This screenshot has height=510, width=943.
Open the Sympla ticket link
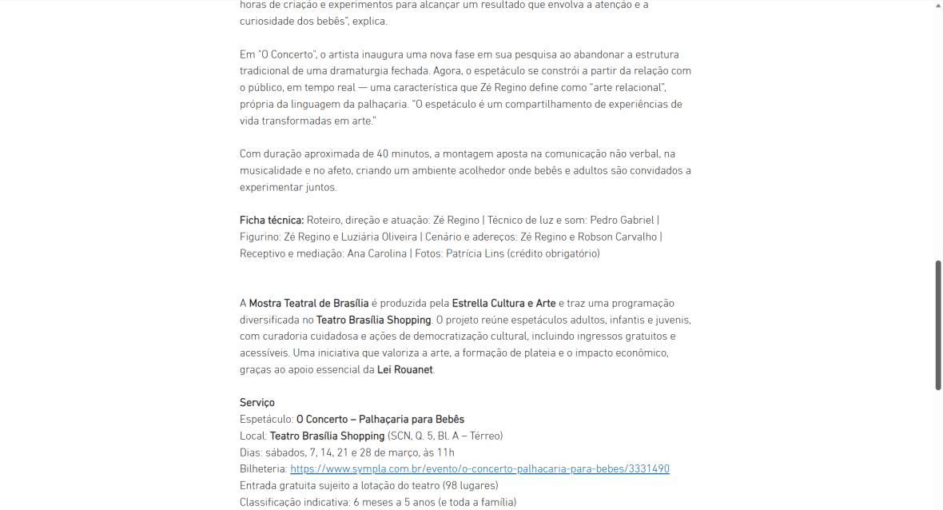point(479,469)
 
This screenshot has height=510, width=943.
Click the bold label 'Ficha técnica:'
point(272,220)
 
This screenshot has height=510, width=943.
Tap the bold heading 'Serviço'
point(257,403)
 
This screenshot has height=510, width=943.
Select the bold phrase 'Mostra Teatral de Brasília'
point(308,303)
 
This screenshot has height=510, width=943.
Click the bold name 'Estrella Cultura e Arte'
point(503,303)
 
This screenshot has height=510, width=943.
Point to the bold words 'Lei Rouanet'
point(404,370)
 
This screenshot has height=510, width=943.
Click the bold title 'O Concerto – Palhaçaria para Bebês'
point(380,420)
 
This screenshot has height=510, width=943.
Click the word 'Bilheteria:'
point(263,469)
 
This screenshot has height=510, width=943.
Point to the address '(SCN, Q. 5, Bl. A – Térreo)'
point(445,436)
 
